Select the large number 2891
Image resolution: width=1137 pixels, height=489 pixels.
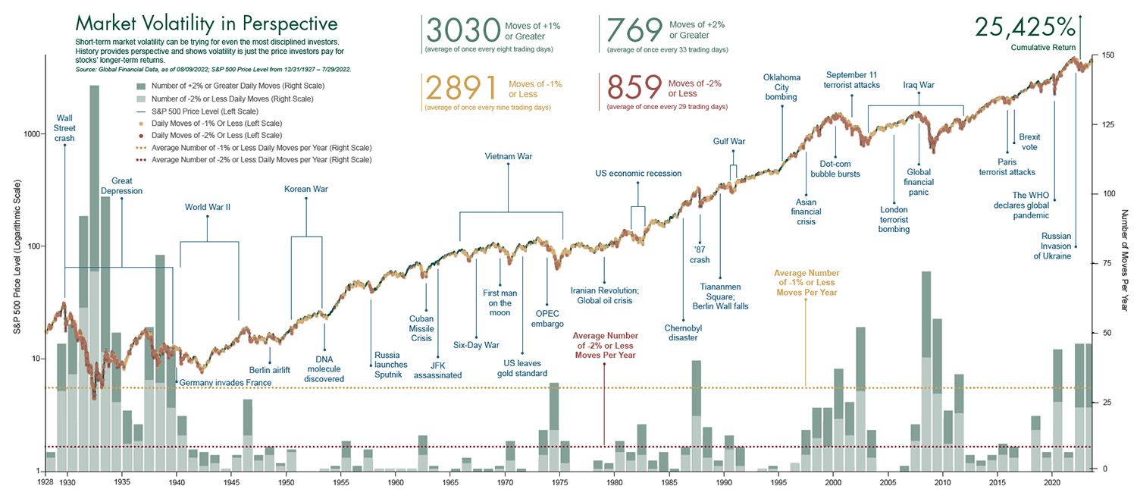point(461,87)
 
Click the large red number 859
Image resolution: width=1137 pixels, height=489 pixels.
point(631,87)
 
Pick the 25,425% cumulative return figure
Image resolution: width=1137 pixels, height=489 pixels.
point(1025,27)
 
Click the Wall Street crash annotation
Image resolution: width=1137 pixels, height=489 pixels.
point(64,128)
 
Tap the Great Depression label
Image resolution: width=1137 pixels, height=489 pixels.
point(121,186)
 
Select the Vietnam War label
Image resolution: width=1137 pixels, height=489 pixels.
point(508,157)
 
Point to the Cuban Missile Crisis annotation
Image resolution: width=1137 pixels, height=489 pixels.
point(421,329)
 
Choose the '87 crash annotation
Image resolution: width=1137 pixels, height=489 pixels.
point(700,255)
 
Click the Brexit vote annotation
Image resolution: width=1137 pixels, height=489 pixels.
point(1029,142)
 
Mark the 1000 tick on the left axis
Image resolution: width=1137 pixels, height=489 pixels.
point(32,134)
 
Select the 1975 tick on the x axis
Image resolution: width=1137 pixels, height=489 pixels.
point(559,482)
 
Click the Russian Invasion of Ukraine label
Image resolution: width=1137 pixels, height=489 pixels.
point(1056,246)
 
